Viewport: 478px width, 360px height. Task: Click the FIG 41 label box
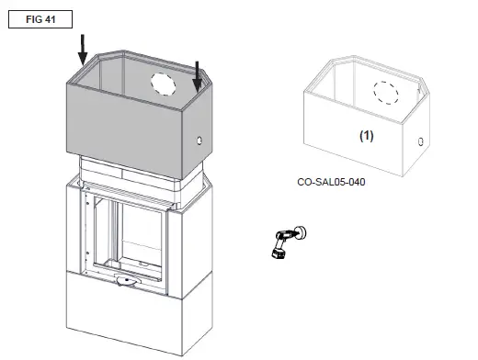point(39,18)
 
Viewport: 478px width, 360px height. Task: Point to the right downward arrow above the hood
point(197,74)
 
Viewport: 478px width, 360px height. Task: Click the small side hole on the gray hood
point(199,143)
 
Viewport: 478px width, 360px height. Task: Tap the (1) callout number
point(365,134)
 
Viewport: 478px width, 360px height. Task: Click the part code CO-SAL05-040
point(333,182)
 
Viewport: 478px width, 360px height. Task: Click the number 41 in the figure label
point(50,18)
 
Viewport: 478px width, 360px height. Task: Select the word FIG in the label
point(30,18)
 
